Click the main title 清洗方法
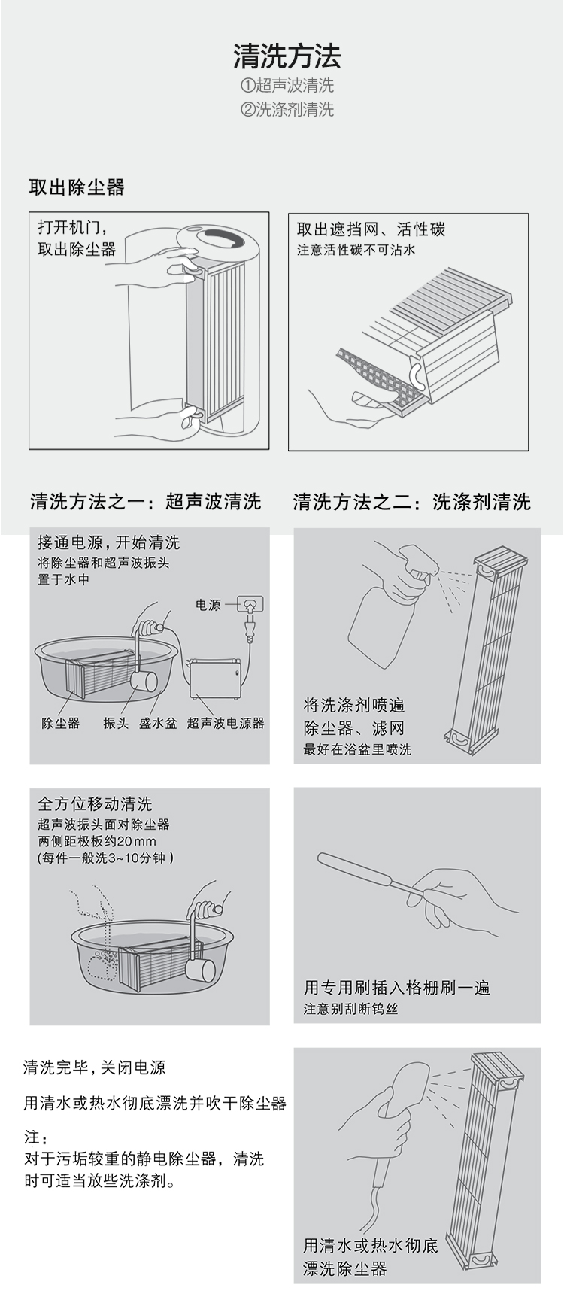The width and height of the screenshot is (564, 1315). click(287, 56)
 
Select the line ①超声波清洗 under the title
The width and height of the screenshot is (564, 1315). click(287, 86)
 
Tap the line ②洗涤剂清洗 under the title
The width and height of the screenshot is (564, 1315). click(287, 110)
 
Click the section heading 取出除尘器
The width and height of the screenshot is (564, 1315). click(77, 187)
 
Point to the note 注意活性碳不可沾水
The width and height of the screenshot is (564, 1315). click(356, 250)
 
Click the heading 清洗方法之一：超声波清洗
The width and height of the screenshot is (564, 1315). click(146, 502)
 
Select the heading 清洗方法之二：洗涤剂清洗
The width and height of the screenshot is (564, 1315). click(412, 502)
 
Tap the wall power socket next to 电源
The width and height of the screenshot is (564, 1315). click(250, 604)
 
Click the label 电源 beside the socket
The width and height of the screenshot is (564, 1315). click(208, 605)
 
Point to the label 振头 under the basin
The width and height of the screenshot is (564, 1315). click(116, 724)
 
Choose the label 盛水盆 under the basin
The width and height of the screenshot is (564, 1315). click(158, 724)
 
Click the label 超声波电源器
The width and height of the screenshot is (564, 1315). click(226, 724)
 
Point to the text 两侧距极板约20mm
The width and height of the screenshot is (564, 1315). click(97, 841)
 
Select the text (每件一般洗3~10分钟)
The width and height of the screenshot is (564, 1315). click(105, 858)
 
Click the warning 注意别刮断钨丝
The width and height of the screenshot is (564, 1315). click(350, 1009)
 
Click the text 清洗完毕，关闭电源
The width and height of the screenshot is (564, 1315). click(94, 1067)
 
